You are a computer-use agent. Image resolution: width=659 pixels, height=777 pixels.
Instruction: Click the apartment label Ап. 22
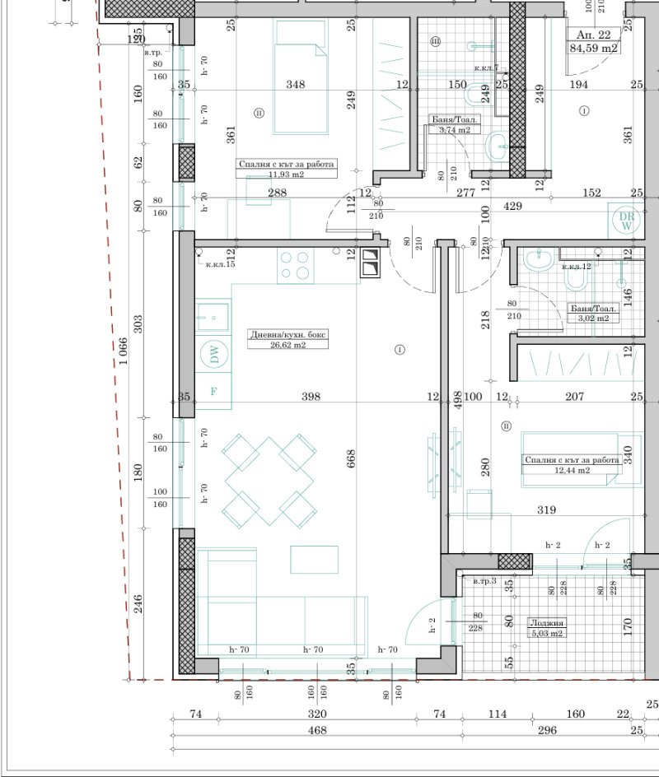coord(593,35)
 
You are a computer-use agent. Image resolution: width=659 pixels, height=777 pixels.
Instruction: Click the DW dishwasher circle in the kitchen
coord(214,356)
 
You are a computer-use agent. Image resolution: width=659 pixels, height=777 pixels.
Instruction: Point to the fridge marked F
coord(214,392)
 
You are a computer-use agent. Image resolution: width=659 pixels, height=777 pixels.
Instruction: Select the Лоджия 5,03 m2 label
coord(546,628)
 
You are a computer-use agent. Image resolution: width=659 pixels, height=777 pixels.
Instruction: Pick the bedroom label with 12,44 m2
coord(571,465)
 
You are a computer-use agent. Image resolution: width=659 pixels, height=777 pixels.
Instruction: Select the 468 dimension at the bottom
coord(317,730)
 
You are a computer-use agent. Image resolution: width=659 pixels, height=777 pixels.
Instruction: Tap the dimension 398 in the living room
coord(311,397)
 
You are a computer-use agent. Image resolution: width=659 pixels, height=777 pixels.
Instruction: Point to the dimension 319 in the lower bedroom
coord(546,510)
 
